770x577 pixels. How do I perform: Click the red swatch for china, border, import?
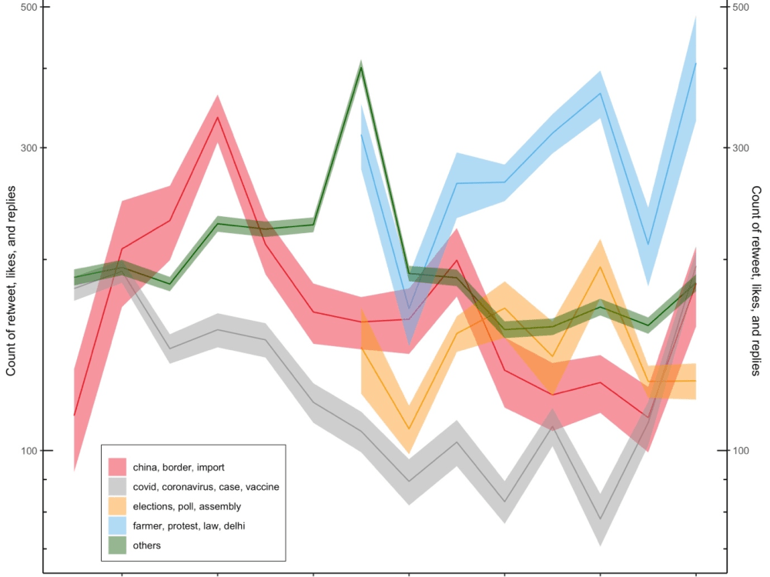[x=117, y=466]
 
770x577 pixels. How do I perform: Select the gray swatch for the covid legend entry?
[x=117, y=486]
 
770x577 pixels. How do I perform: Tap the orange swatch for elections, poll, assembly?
[x=117, y=506]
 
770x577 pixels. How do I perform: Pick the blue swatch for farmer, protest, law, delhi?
[x=117, y=525]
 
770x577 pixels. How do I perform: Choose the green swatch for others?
[x=117, y=545]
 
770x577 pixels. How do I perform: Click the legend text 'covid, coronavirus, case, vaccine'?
[x=206, y=486]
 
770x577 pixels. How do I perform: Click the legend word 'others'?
[x=146, y=545]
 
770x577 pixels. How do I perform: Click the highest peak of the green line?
[x=361, y=67]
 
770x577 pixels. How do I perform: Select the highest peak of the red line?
[x=218, y=117]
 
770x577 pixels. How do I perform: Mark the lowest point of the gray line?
[x=600, y=520]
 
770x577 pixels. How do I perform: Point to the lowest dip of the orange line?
[x=409, y=429]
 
